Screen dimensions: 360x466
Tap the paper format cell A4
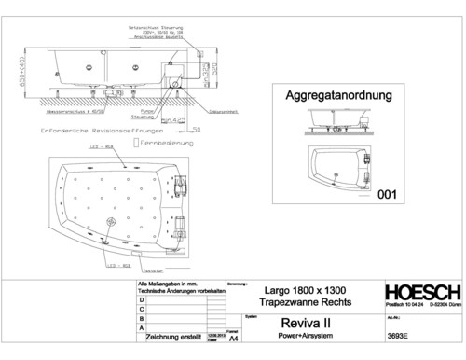(x=234, y=341)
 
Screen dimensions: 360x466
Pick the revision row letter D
(x=141, y=298)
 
